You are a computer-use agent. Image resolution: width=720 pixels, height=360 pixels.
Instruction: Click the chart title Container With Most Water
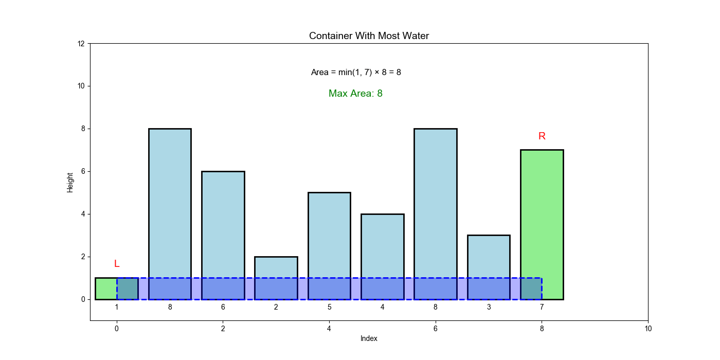(369, 36)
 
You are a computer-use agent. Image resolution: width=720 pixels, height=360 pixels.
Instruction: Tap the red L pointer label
(117, 264)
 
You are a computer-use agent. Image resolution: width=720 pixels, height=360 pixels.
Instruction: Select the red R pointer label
(542, 136)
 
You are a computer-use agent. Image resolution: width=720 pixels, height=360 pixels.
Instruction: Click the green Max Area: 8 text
(355, 94)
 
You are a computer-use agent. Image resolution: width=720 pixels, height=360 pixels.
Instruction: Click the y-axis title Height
(70, 182)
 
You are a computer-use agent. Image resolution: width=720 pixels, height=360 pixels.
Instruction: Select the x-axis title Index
(369, 338)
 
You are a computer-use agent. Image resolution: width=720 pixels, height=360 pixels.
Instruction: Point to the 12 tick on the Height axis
(81, 44)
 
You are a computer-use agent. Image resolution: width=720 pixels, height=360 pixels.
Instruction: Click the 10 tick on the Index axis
(648, 329)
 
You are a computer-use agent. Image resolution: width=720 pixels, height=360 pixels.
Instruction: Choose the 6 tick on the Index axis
(436, 329)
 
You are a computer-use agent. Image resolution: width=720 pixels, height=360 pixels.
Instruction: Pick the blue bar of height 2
(276, 267)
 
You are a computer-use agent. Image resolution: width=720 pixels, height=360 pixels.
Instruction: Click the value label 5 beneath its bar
(329, 308)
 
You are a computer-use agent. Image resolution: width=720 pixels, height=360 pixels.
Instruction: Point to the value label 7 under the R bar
(542, 308)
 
